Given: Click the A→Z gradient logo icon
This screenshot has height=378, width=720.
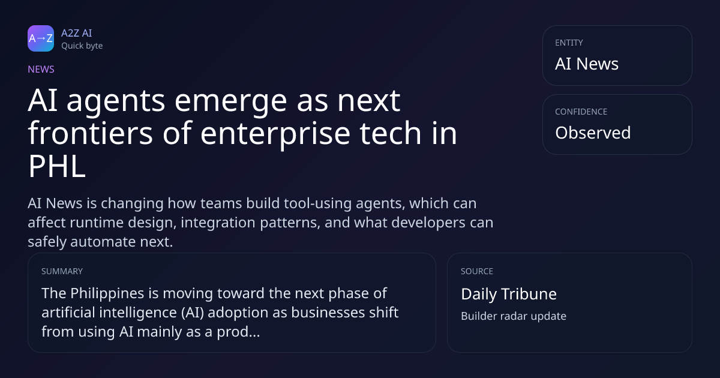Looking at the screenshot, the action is pos(41,38).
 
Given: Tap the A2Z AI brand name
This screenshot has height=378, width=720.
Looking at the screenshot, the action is pos(77,33).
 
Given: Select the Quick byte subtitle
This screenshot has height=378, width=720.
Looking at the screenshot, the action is pos(82,46).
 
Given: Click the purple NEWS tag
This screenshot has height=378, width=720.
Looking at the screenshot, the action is pos(41,69).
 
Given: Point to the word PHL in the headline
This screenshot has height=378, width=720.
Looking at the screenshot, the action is pos(57,166).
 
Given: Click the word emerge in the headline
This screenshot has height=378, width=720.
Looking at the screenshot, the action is pos(231,101).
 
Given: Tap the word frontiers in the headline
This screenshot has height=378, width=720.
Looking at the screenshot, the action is pos(91,133).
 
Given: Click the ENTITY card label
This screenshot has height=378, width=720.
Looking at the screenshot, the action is pos(569,43).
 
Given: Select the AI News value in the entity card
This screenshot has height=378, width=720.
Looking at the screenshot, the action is pos(587,64).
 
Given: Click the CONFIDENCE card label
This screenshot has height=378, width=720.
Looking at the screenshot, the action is pos(581,112).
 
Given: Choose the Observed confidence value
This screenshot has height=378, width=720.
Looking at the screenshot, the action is pos(593,133).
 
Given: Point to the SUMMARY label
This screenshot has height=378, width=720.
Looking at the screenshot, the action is pos(62,271).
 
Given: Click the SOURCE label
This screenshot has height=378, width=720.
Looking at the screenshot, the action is pos(477,271).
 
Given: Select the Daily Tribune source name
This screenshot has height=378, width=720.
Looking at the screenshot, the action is pos(509,294).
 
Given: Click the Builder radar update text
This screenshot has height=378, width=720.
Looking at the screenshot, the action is pos(514,316).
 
